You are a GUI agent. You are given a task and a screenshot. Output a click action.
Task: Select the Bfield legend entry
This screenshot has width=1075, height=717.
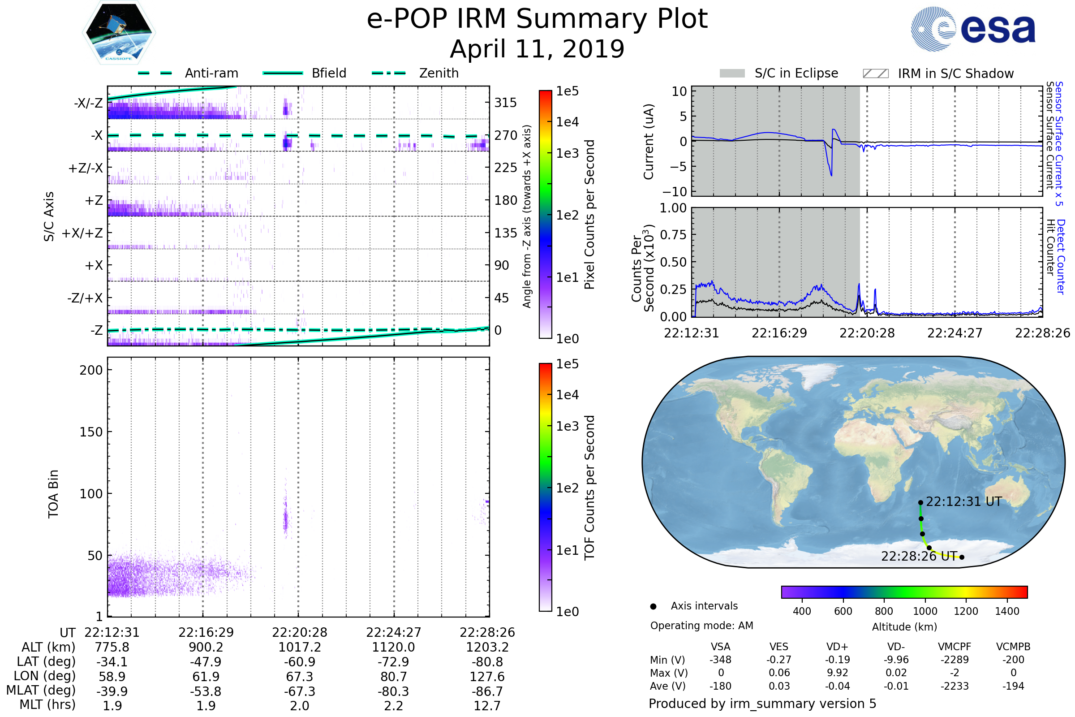click(329, 73)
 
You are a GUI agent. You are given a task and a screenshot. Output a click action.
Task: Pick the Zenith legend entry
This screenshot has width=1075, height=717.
click(439, 73)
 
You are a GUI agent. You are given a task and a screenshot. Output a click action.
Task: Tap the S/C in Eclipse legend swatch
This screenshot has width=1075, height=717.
click(732, 73)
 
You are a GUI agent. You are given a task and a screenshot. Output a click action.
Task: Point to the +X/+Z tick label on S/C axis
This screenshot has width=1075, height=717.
click(82, 233)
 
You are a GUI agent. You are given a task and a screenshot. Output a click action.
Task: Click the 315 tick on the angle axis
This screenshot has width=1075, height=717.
click(505, 103)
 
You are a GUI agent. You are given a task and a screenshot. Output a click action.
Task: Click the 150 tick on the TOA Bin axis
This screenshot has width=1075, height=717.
click(91, 432)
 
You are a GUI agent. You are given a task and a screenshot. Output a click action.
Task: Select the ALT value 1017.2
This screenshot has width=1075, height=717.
click(299, 648)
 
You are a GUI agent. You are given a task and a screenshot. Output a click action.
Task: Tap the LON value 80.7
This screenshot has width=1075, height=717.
click(393, 677)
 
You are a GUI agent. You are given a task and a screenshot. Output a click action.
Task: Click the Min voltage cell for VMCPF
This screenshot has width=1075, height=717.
click(955, 660)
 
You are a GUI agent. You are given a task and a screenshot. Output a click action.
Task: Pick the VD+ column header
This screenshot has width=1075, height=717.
click(837, 647)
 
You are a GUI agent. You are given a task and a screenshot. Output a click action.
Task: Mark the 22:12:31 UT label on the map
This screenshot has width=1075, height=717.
click(963, 502)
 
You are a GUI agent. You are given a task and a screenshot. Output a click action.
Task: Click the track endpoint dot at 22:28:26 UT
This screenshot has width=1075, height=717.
click(962, 557)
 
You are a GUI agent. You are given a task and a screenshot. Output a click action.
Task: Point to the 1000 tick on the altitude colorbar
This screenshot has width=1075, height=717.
click(925, 611)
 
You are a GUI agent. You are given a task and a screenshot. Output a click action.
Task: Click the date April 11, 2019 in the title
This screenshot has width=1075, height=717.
click(537, 49)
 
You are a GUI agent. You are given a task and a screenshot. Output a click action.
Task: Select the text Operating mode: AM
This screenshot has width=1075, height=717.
click(701, 626)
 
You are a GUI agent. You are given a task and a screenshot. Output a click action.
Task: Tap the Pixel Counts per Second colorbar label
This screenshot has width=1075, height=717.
click(589, 214)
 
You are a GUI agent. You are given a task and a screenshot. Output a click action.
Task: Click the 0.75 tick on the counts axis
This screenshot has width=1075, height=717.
click(674, 235)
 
